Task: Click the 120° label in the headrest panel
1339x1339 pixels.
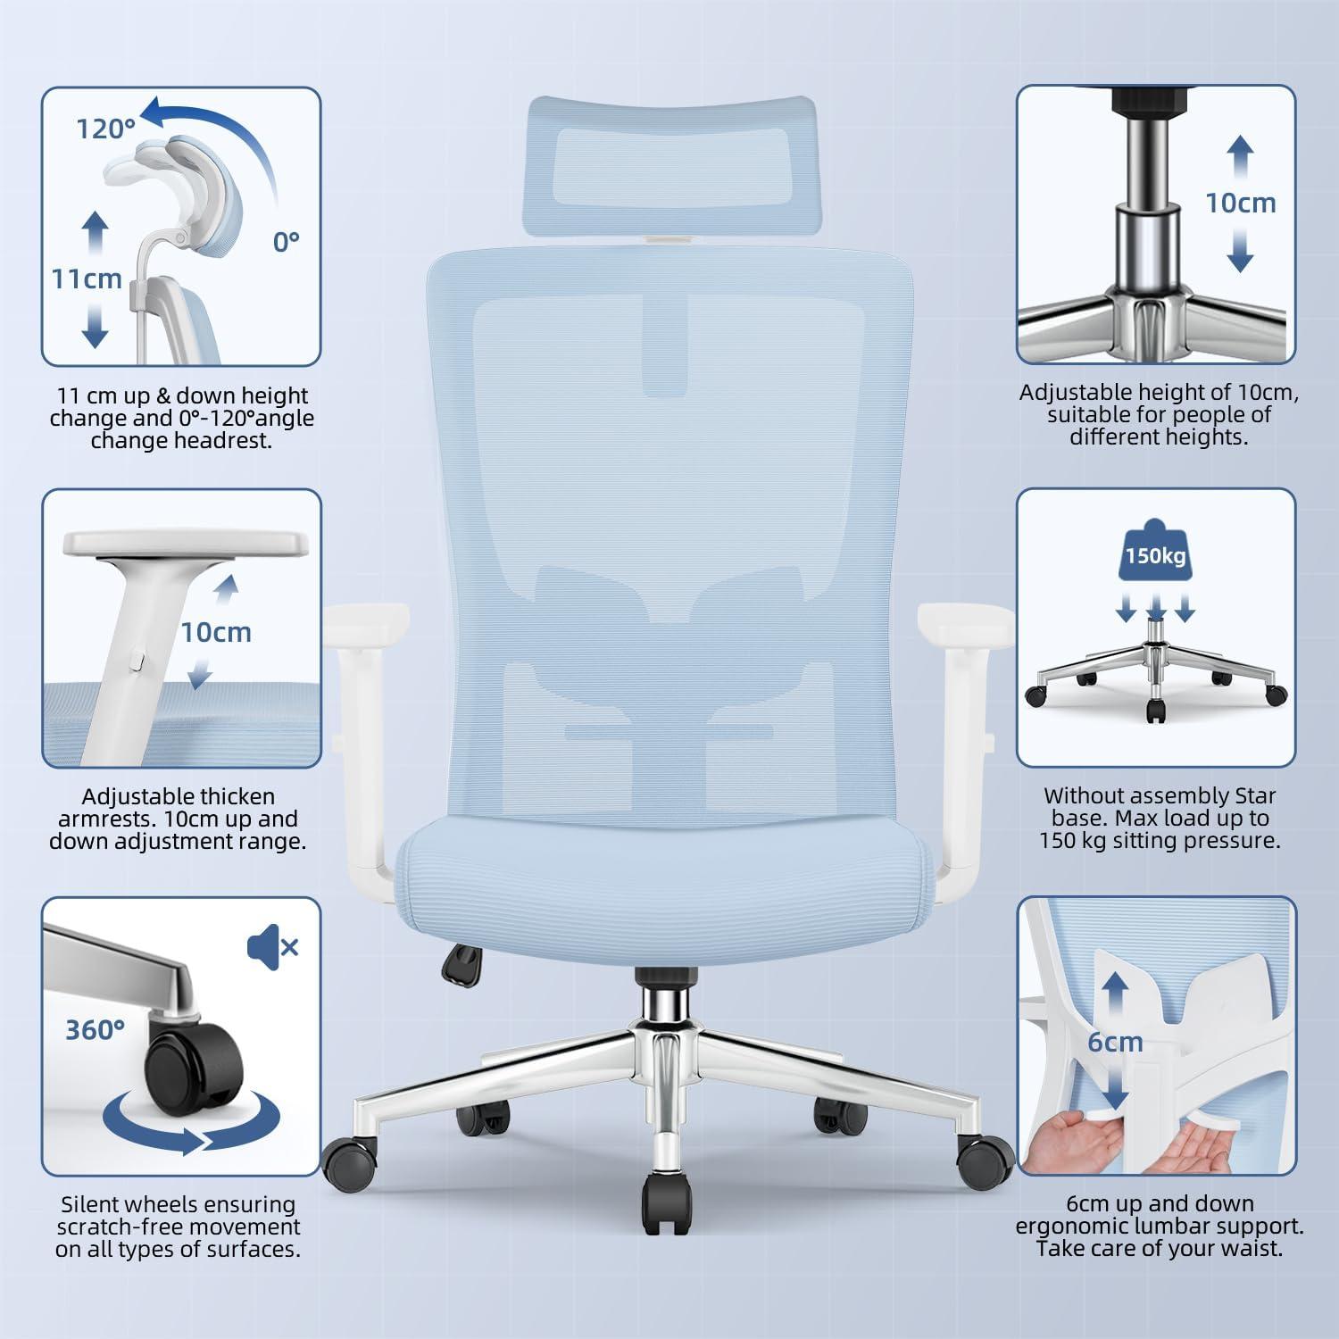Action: [104, 129]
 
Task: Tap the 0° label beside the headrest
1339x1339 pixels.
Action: [286, 241]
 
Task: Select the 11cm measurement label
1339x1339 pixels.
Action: [86, 279]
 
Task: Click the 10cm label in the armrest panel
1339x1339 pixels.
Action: [216, 632]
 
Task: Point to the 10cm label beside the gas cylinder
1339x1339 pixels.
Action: [1241, 203]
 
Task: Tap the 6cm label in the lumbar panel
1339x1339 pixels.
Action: [1115, 1042]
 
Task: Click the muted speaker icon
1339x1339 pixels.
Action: [272, 945]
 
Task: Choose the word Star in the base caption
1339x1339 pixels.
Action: [1255, 795]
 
